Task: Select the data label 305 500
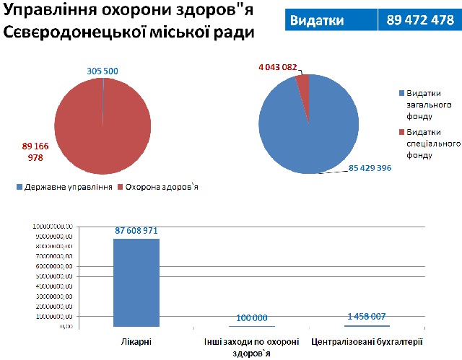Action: [103, 71]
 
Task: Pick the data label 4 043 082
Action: [277, 66]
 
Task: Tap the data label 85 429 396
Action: [370, 168]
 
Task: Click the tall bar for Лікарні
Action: [136, 281]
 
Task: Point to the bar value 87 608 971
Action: [136, 230]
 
